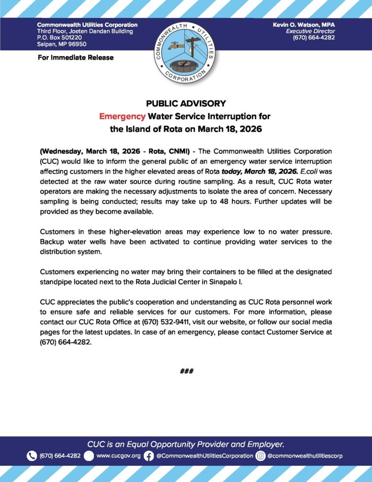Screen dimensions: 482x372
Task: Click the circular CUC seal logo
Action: (x=186, y=52)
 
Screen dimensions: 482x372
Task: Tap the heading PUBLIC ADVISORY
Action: (x=186, y=104)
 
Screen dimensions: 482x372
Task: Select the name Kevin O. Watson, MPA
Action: (x=303, y=24)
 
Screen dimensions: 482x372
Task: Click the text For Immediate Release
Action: (x=75, y=57)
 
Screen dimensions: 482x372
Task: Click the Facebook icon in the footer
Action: (x=149, y=456)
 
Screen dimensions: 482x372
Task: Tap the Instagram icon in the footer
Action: (x=261, y=456)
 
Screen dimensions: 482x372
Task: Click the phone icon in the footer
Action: (x=32, y=456)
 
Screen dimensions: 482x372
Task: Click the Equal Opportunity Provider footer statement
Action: (x=186, y=444)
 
